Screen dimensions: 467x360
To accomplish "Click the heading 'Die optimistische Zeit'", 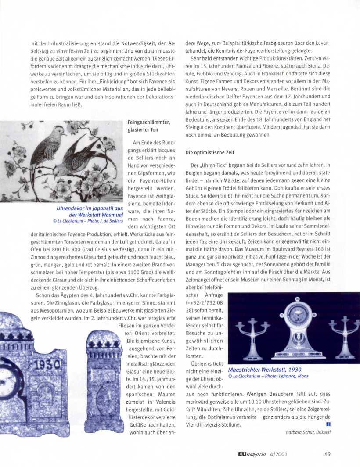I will [210, 152].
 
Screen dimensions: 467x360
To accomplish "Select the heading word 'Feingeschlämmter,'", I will [148, 122].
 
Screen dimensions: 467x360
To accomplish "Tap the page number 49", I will [328, 454].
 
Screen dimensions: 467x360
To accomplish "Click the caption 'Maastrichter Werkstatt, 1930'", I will [265, 370].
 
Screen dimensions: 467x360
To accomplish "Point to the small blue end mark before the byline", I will [328, 424].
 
